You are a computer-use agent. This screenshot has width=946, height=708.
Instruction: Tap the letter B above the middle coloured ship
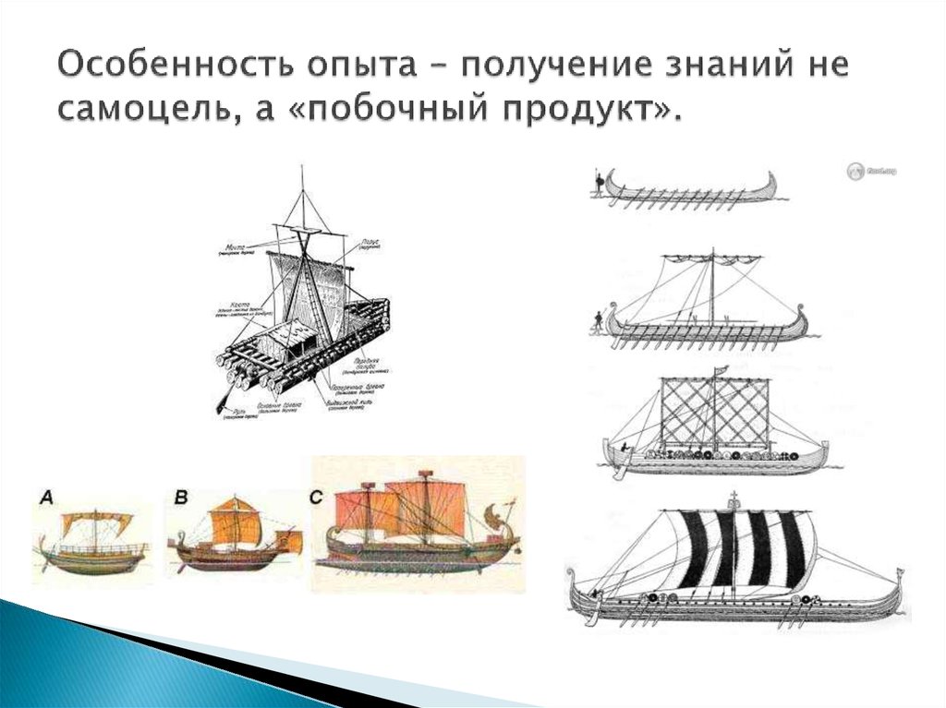tap(181, 498)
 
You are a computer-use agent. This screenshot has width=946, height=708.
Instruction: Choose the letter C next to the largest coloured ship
tap(317, 498)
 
